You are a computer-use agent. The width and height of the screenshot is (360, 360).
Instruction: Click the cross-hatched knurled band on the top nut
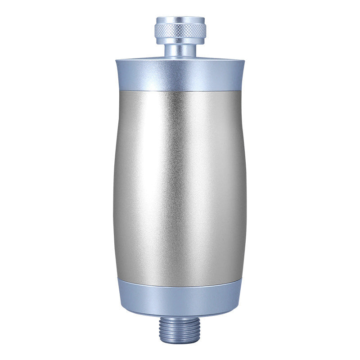180,31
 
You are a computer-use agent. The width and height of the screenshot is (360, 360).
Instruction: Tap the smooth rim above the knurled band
180,20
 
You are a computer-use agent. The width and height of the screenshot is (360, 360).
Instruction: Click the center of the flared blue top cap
180,74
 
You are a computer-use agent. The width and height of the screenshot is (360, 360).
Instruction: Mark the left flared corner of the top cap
117,62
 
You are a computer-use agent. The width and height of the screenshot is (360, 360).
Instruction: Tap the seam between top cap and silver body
180,90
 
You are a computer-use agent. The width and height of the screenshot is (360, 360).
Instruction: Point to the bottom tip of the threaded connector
180,341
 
